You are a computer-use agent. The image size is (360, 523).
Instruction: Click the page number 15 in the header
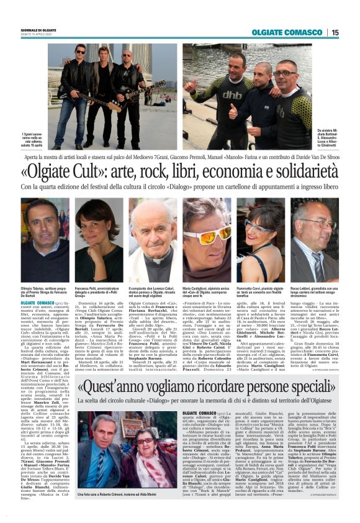click(335, 32)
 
